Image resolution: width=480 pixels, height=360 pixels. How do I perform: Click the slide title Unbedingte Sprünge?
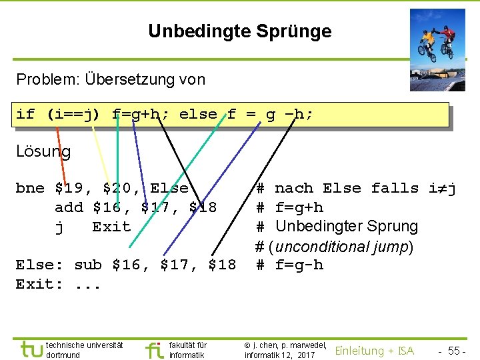239,31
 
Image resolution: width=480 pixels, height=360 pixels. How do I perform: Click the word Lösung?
43,151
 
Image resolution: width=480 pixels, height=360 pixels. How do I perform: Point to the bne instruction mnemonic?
30,189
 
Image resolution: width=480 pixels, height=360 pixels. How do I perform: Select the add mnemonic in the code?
69,207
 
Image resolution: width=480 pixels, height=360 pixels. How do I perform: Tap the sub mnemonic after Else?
88,265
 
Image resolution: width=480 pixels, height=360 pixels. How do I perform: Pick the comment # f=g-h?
290,265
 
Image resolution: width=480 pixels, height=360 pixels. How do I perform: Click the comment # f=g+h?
290,207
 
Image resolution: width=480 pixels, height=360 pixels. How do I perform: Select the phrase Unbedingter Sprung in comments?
346,227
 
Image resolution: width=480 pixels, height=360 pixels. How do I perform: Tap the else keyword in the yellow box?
198,115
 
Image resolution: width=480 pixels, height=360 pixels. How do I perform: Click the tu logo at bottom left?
31,349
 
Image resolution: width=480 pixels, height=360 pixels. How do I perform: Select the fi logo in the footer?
154,349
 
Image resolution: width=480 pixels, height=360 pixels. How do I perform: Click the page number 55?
456,351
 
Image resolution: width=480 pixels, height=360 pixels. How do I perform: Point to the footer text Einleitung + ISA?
374,351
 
